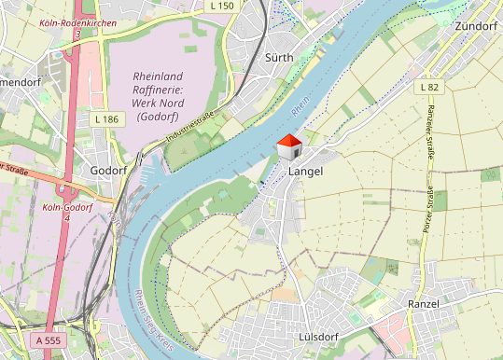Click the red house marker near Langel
[x=290, y=146]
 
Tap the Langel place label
[x=307, y=173]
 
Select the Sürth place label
[x=279, y=58]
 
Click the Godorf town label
[x=108, y=171]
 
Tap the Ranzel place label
[x=430, y=305]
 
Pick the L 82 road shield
[x=429, y=87]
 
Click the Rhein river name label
[x=300, y=110]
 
